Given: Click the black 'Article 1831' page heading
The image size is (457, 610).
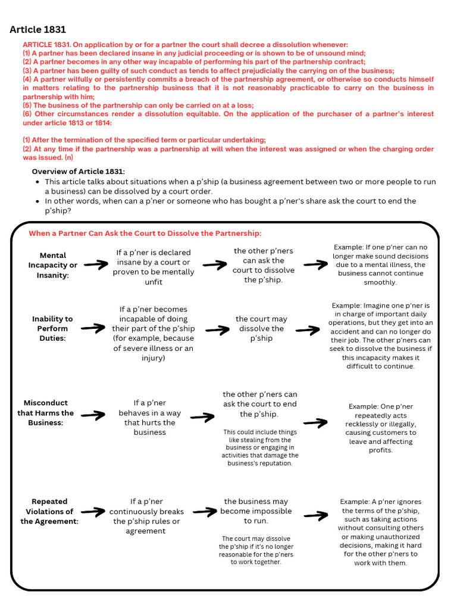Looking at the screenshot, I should (38, 30).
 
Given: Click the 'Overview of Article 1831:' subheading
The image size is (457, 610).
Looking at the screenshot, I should (78, 172).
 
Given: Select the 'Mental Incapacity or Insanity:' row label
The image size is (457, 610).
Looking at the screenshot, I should (52, 265).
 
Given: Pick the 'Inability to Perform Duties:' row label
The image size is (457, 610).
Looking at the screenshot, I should (52, 328).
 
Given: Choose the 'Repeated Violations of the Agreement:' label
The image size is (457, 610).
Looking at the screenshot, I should (49, 511).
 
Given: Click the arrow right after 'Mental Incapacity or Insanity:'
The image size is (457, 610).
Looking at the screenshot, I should (95, 264).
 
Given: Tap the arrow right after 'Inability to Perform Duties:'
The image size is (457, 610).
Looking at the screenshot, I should (92, 328).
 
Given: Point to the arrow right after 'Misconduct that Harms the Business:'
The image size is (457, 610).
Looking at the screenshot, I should (93, 415).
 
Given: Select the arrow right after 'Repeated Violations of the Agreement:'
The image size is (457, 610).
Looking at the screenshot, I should (93, 511).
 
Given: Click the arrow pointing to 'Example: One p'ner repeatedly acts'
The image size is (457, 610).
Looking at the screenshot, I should (315, 423).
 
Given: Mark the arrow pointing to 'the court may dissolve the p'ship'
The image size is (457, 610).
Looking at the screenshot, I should (215, 328).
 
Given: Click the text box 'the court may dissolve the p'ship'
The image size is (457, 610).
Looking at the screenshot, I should (262, 328).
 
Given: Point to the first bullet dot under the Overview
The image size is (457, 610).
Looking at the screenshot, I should (38, 182).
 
